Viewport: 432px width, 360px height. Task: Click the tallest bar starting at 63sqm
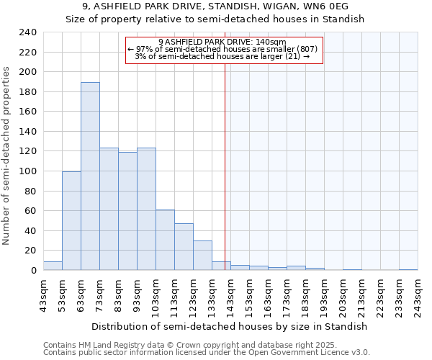[90, 176]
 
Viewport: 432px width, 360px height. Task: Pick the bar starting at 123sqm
[202, 255]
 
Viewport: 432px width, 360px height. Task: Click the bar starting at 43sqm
[53, 266]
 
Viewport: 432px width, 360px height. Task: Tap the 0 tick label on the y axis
[32, 270]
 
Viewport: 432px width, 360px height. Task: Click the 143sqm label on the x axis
[230, 295]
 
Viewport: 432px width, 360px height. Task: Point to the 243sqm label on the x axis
[418, 295]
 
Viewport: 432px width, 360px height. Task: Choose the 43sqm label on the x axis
[43, 295]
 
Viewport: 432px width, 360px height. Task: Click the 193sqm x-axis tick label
[324, 295]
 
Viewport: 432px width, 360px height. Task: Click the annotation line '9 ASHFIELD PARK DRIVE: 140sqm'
[222, 42]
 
